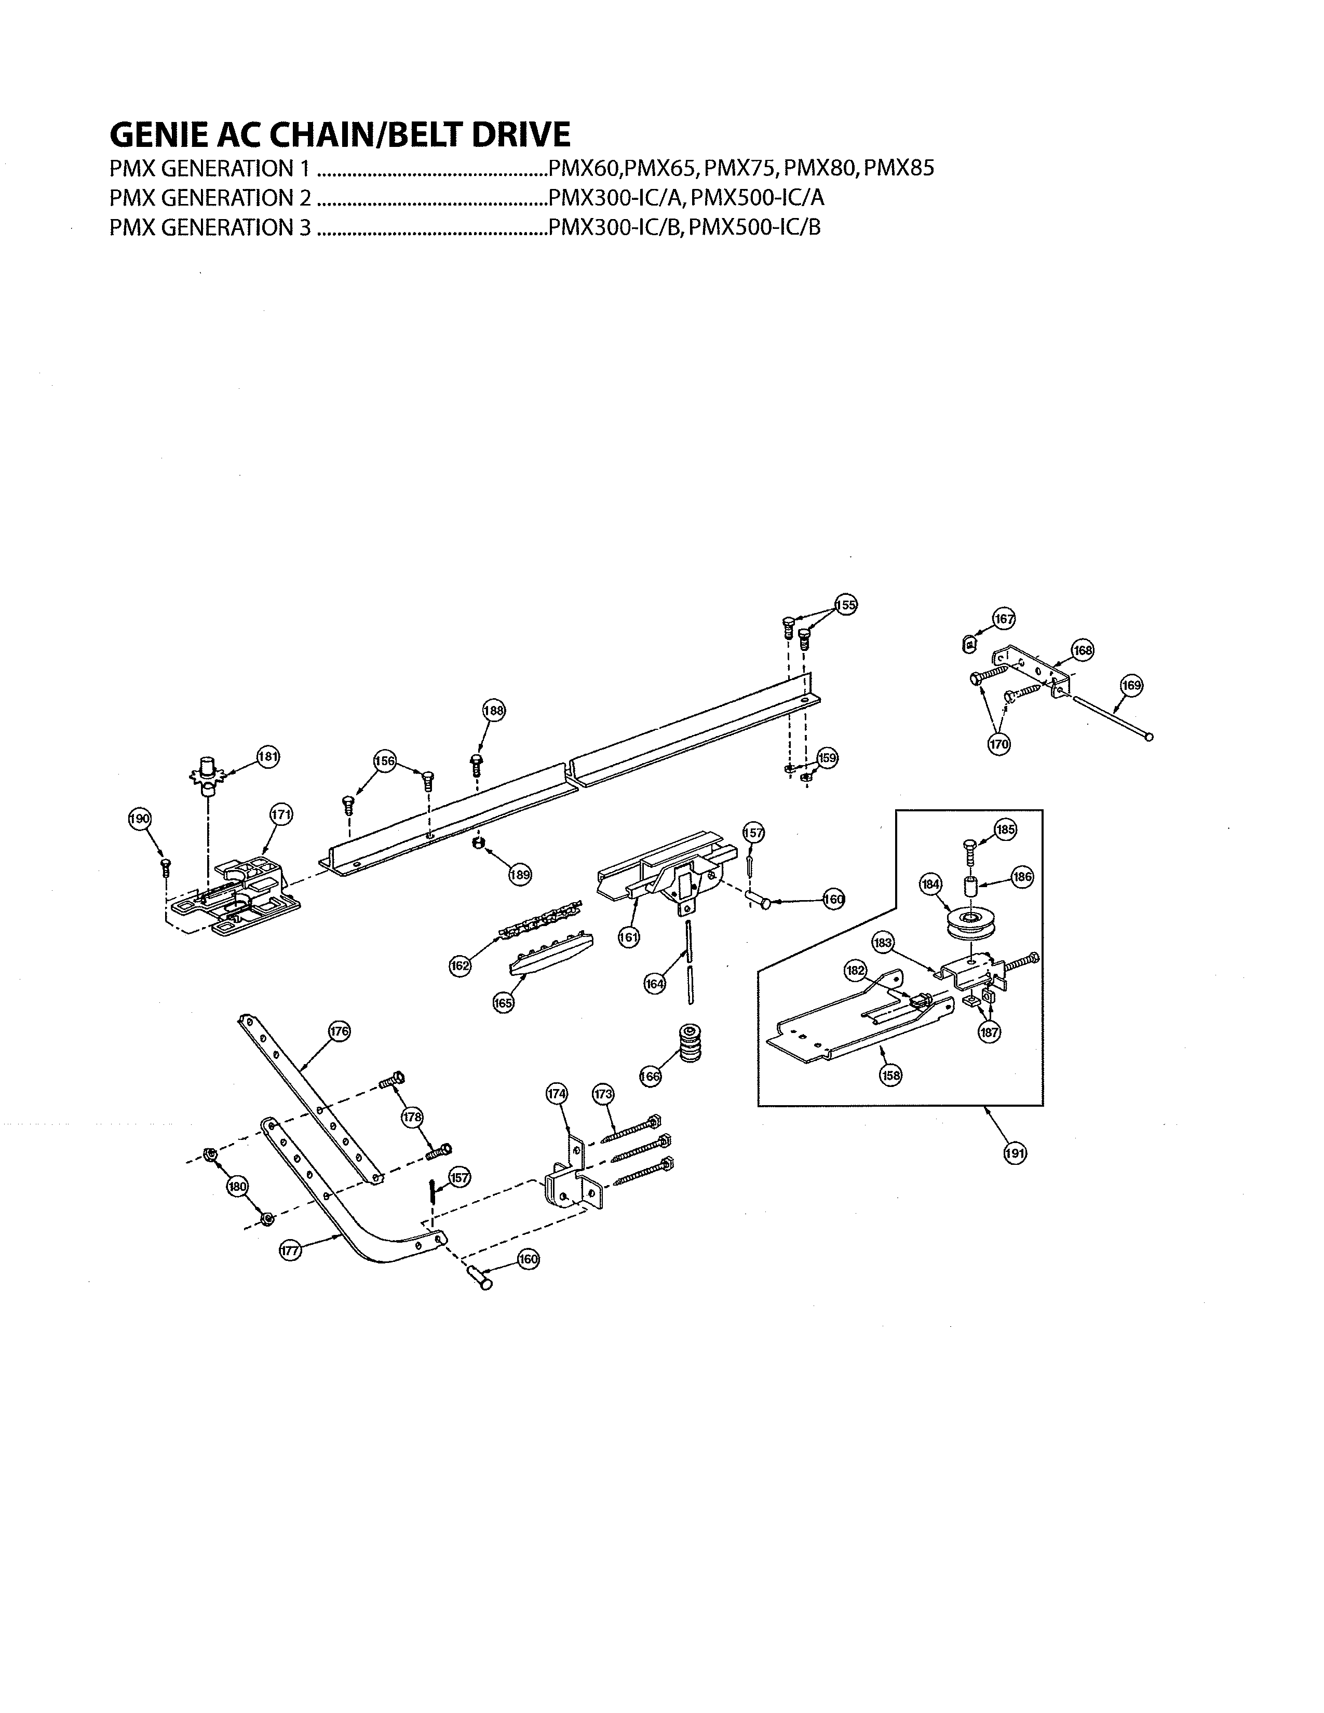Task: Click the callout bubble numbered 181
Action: pyautogui.click(x=268, y=757)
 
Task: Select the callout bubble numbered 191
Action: pyautogui.click(x=1015, y=1153)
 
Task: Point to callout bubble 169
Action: pyautogui.click(x=1131, y=685)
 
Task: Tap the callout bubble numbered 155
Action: pyautogui.click(x=845, y=605)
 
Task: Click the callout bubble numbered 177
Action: pyautogui.click(x=291, y=1251)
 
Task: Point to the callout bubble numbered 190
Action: pyautogui.click(x=140, y=818)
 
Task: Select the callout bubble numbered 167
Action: pyautogui.click(x=1004, y=619)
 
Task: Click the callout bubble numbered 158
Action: pyautogui.click(x=891, y=1076)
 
